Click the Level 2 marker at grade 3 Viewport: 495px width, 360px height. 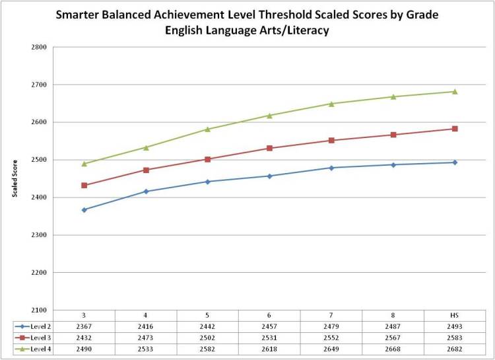[84, 210]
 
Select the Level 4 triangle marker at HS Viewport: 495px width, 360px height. [455, 92]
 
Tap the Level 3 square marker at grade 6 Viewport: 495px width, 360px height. [270, 148]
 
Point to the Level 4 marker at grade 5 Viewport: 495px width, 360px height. [208, 129]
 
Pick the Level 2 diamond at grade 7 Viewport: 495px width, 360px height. [331, 168]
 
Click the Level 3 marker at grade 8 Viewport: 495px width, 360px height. [393, 135]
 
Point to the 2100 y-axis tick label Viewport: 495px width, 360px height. [37, 310]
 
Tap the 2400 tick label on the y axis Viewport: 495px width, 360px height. [37, 198]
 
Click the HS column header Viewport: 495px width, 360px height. [455, 315]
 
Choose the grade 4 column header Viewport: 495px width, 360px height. [146, 315]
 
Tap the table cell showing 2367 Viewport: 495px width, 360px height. [84, 326]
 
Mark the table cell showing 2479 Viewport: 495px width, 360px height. [331, 326]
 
